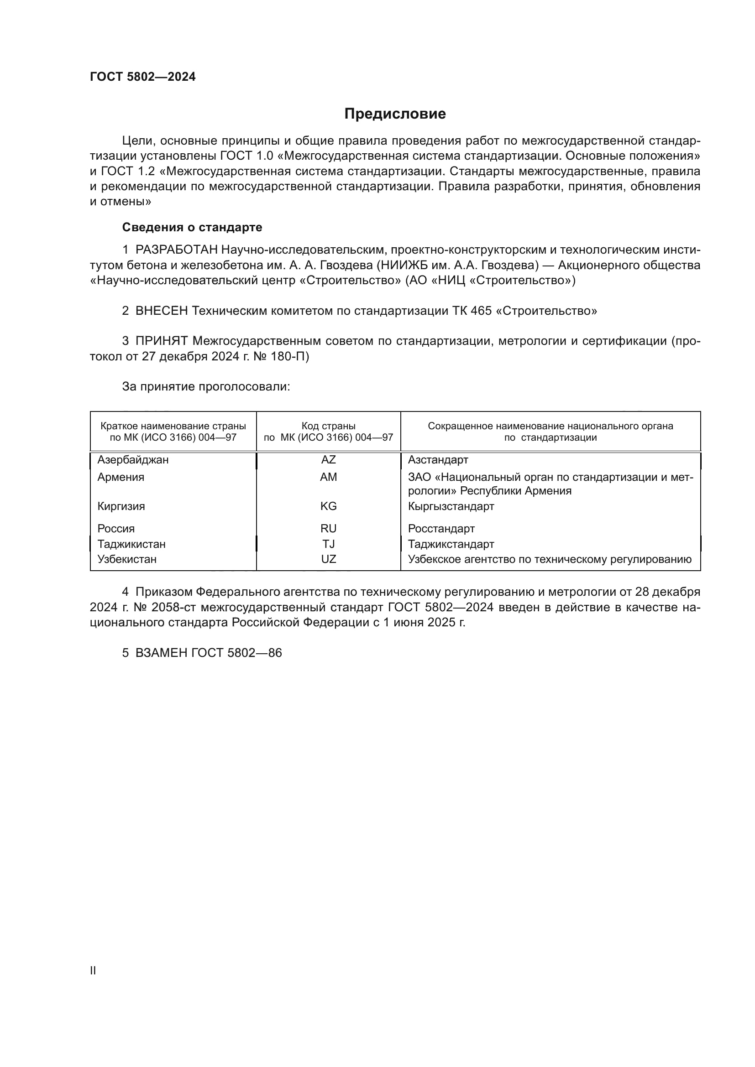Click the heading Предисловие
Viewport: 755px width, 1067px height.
pos(395,114)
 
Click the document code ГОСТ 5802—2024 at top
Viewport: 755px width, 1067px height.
pos(143,77)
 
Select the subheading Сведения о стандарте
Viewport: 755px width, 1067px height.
pos(192,227)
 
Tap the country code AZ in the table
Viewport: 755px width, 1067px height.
pos(328,460)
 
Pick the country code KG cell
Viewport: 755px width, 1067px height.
pos(328,506)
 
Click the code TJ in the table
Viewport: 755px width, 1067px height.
pos(328,544)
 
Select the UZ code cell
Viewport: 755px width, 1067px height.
pos(328,559)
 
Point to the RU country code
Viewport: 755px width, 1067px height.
pos(328,528)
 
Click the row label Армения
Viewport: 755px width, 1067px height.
pos(121,477)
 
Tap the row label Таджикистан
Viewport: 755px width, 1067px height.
pos(131,544)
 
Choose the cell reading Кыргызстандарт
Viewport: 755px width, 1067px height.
pos(451,506)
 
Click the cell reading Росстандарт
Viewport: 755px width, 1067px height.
pos(441,528)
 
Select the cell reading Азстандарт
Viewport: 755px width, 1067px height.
pos(438,460)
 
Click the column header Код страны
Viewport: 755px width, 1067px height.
pos(328,426)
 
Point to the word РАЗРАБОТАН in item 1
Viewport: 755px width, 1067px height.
pos(177,250)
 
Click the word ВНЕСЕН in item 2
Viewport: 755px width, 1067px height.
pos(162,311)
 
